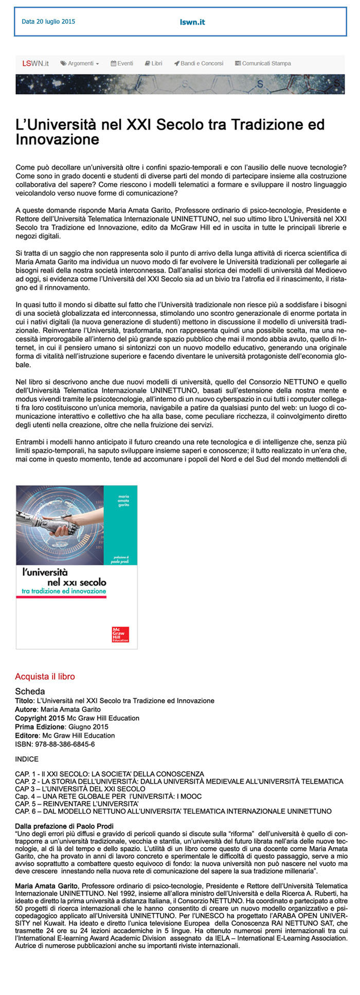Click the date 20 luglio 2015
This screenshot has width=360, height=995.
48,22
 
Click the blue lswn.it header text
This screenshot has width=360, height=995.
192,22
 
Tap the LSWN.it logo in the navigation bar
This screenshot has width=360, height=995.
35,63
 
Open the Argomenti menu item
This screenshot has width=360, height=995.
80,63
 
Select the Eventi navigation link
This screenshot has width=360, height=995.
122,63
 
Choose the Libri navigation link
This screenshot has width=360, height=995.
153,63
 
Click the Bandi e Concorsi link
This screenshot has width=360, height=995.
199,63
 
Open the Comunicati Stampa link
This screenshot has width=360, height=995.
263,63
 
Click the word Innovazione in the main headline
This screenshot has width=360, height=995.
57,139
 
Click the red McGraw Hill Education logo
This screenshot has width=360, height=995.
120,634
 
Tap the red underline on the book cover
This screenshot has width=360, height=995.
61,597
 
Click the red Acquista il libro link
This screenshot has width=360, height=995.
45,677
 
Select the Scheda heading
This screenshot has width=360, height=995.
30,691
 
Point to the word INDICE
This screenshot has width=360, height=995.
27,759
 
